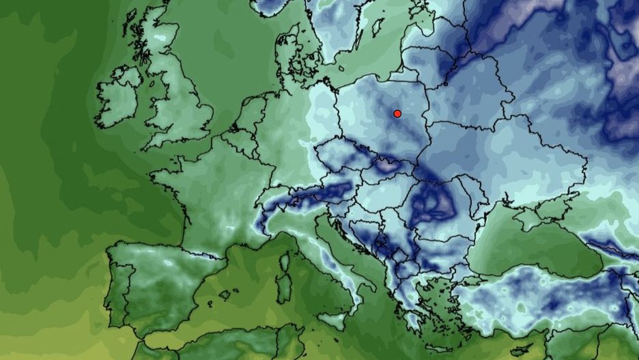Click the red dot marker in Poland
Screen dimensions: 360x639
(x=397, y=113)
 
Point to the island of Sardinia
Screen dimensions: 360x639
(x=281, y=276)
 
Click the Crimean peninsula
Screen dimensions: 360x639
(x=537, y=218)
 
